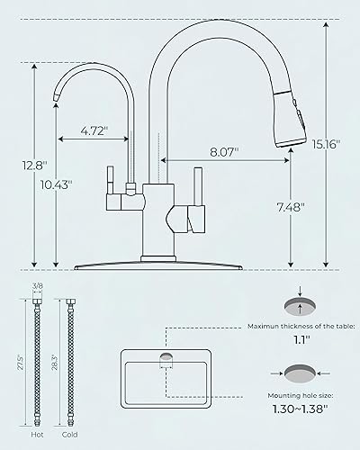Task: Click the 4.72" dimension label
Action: point(94,130)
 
